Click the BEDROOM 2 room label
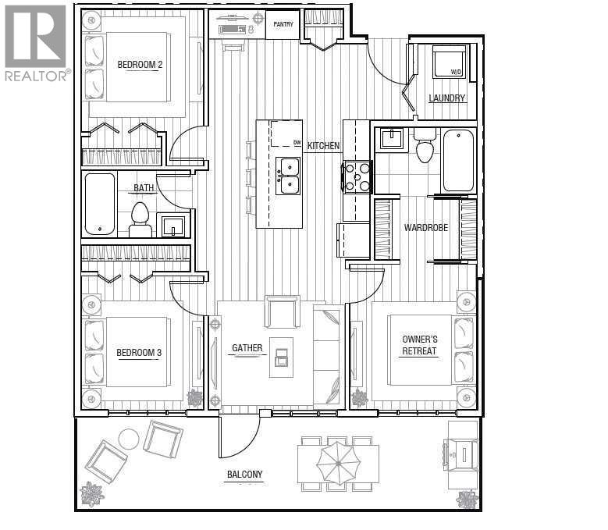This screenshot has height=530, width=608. [x=140, y=64]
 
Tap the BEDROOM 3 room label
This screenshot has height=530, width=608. [x=139, y=353]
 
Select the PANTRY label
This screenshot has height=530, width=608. [x=283, y=24]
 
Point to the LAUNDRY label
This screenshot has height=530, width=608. [x=446, y=98]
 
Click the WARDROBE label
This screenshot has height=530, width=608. [x=425, y=228]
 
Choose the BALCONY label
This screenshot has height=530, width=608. [x=244, y=474]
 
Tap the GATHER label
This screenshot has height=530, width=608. [x=247, y=348]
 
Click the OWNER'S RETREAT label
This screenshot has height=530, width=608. [x=420, y=345]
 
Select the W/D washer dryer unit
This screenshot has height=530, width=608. [x=449, y=62]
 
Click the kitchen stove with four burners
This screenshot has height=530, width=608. [x=357, y=177]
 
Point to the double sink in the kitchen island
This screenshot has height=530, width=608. [x=288, y=176]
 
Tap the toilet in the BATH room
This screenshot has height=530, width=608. [x=140, y=220]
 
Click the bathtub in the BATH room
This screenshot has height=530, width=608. [x=100, y=204]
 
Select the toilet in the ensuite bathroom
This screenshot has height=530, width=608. [x=425, y=146]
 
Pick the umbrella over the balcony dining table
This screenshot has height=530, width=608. [x=338, y=464]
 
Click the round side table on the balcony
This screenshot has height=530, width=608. [x=128, y=439]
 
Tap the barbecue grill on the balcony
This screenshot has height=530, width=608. [x=461, y=454]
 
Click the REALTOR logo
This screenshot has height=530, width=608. [x=36, y=43]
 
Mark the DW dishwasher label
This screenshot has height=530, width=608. [x=297, y=143]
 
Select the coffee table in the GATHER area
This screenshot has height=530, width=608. [x=282, y=357]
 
